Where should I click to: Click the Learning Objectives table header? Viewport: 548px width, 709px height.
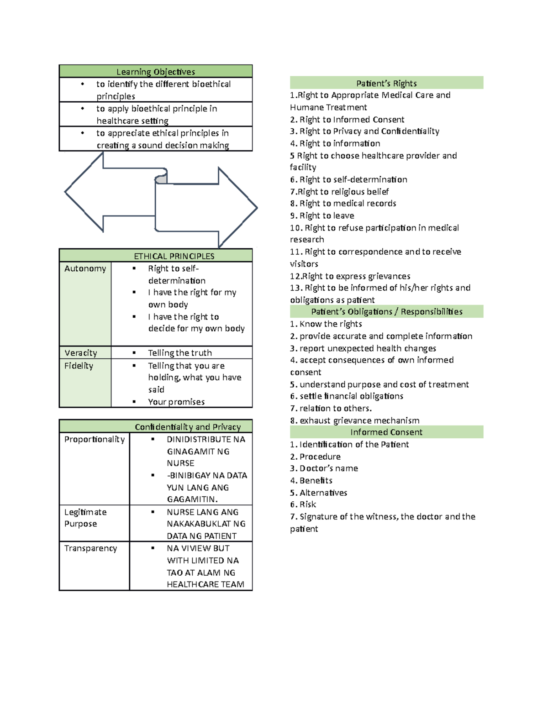point(156,72)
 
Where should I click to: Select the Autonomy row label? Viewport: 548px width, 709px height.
point(85,268)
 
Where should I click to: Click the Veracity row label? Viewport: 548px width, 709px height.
point(81,353)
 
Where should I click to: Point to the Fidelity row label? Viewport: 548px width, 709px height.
point(79,366)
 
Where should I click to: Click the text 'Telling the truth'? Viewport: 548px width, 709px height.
point(180,353)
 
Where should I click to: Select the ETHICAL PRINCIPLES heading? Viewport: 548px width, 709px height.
point(174,256)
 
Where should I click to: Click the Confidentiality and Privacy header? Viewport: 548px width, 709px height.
point(188,427)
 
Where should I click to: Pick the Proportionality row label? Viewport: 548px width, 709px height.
point(95,439)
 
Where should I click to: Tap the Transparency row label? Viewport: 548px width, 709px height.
point(90,548)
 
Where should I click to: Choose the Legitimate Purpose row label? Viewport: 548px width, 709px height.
point(85,518)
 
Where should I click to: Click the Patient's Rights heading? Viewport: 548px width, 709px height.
point(386,83)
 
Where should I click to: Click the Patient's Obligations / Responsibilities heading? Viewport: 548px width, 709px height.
point(386,312)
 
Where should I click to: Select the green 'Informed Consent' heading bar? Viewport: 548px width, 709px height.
point(386,432)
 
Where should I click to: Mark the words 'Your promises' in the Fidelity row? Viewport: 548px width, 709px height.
point(176,402)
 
